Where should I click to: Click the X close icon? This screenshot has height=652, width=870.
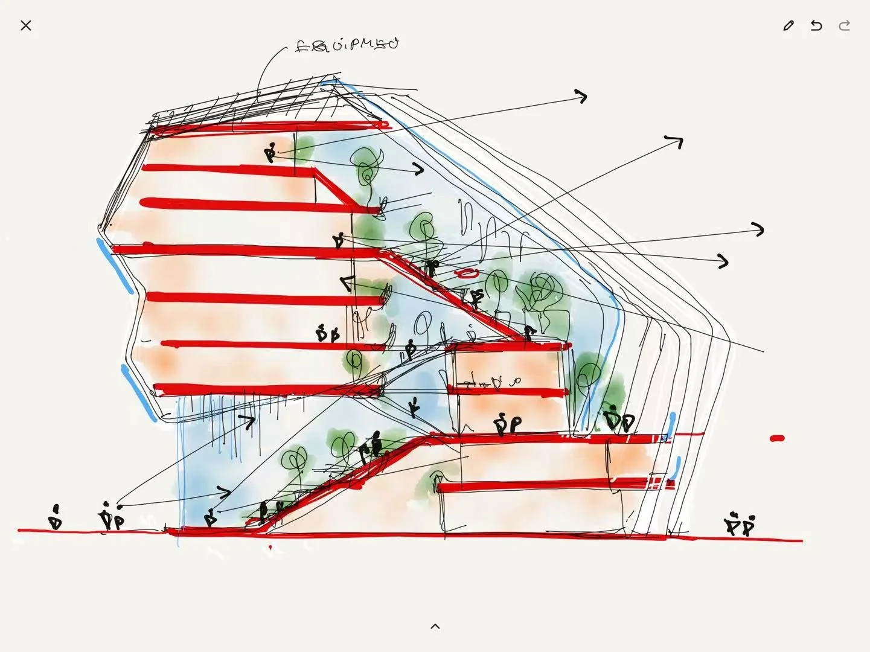pos(25,25)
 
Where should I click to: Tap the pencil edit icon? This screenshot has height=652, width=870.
pos(788,25)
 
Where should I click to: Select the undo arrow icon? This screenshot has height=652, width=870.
pos(816,25)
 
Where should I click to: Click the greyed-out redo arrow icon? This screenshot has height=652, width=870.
pos(845,25)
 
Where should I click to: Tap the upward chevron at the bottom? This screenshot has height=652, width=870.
pos(435,627)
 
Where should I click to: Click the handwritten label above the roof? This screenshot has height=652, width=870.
pos(347,45)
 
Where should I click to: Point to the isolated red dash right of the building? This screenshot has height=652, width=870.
pos(777,438)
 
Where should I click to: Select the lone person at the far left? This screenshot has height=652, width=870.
pos(56,518)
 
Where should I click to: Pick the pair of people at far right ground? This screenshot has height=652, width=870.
pos(740,525)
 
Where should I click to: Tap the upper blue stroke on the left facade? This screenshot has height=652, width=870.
pos(115,266)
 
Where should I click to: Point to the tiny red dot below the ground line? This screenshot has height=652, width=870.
pos(270,548)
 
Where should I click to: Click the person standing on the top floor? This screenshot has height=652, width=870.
pos(270,153)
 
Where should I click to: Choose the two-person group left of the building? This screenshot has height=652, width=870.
pos(111,518)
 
